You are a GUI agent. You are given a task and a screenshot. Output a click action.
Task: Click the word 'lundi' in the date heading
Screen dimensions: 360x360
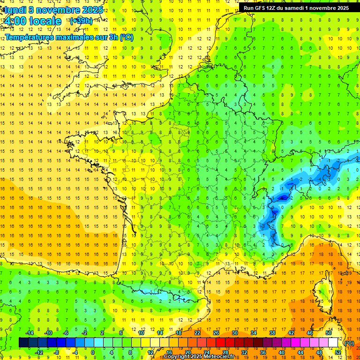click(x=15, y=10)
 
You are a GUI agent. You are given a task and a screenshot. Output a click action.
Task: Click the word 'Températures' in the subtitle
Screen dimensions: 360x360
click(x=28, y=37)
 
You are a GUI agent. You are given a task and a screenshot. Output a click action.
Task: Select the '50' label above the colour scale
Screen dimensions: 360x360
click(x=329, y=333)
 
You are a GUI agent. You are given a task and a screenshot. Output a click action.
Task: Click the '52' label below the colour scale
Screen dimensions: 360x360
click(x=337, y=352)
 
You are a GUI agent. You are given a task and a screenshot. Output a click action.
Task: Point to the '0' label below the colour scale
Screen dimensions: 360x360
click(x=93, y=352)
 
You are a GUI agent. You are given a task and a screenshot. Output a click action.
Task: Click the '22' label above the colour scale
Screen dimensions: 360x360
click(x=197, y=333)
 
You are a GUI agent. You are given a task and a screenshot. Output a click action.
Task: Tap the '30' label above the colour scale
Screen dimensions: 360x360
click(x=235, y=333)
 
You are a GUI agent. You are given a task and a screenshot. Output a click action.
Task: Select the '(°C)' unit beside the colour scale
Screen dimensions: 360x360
click(x=349, y=343)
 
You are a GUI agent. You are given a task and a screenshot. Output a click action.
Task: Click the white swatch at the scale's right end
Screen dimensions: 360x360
click(x=333, y=343)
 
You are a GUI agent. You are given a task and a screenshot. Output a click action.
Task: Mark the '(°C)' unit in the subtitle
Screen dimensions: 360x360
click(x=127, y=37)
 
